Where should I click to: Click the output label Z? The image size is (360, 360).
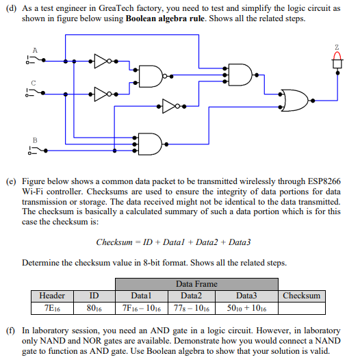pos(337,47)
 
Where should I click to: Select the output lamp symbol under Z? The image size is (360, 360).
pos(337,62)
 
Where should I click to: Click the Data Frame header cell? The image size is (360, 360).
pos(196,283)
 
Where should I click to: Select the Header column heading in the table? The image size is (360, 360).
pos(52,296)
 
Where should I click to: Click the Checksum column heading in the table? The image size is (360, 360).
pos(301,296)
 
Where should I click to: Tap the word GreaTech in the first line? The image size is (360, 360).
pos(137,8)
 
